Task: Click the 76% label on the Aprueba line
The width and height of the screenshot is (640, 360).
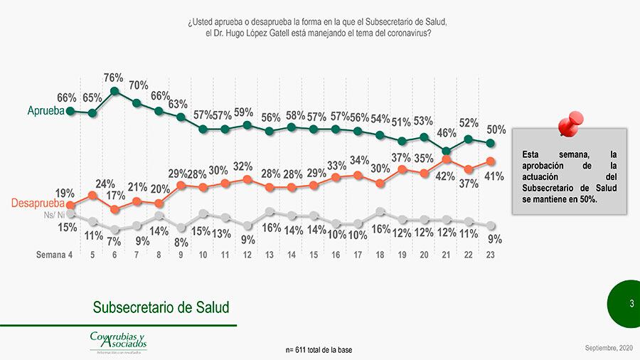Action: click(114, 78)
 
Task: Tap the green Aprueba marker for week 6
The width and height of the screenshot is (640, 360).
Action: click(114, 91)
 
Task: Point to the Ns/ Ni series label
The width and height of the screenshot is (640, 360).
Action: click(54, 214)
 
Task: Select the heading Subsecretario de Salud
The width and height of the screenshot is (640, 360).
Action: click(161, 307)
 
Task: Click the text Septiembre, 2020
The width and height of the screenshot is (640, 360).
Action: click(608, 347)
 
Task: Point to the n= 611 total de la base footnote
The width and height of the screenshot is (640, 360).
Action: click(319, 350)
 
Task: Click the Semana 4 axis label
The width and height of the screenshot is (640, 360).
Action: click(55, 255)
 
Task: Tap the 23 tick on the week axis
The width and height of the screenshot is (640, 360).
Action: click(491, 255)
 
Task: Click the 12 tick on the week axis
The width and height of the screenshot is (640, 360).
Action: click(247, 255)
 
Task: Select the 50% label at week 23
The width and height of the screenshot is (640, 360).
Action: click(496, 129)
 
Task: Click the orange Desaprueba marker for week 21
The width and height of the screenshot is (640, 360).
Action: click(447, 159)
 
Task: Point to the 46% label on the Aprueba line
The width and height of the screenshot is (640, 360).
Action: click(446, 133)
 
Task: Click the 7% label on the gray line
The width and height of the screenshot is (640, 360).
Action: click(114, 242)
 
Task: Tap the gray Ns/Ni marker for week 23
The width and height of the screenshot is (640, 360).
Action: click(491, 225)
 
